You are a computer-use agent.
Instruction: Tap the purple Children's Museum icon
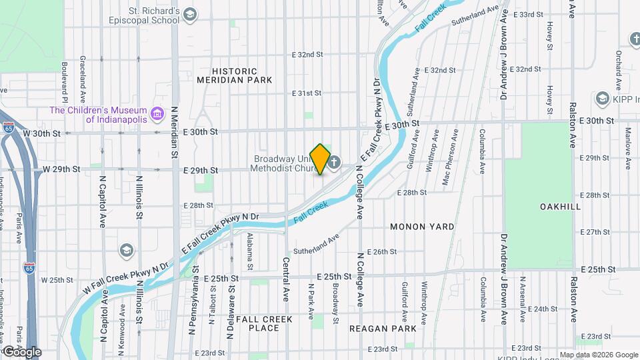[157, 114]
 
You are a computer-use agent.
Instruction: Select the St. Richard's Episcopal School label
[145, 16]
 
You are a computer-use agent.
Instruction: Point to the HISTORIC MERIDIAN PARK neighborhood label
[235, 75]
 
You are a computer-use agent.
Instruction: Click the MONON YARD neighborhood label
[422, 227]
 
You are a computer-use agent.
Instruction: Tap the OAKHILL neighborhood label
[560, 207]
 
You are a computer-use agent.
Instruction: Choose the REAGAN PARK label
[383, 328]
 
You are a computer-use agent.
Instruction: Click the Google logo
[21, 351]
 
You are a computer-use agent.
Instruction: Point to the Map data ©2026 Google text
[598, 355]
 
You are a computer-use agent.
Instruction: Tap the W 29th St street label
[61, 169]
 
